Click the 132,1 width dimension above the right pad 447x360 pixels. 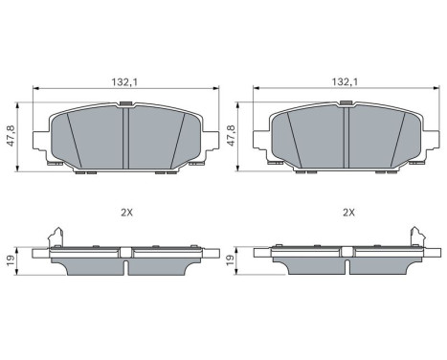[346, 83]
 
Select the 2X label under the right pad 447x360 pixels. [348, 213]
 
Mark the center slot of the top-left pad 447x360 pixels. [125, 139]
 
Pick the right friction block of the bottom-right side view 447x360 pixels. [382, 266]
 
